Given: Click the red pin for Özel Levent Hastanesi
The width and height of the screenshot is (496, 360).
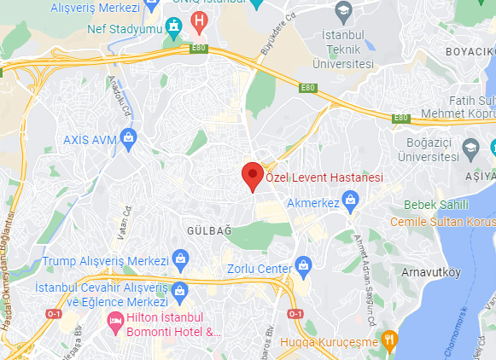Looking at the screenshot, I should [x=252, y=176].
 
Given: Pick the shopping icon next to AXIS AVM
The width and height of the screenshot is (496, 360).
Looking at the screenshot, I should [x=129, y=136].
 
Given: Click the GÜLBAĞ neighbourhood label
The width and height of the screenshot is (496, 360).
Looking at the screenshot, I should [x=203, y=230].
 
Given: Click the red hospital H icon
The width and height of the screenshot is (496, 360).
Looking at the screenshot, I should [x=200, y=18].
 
